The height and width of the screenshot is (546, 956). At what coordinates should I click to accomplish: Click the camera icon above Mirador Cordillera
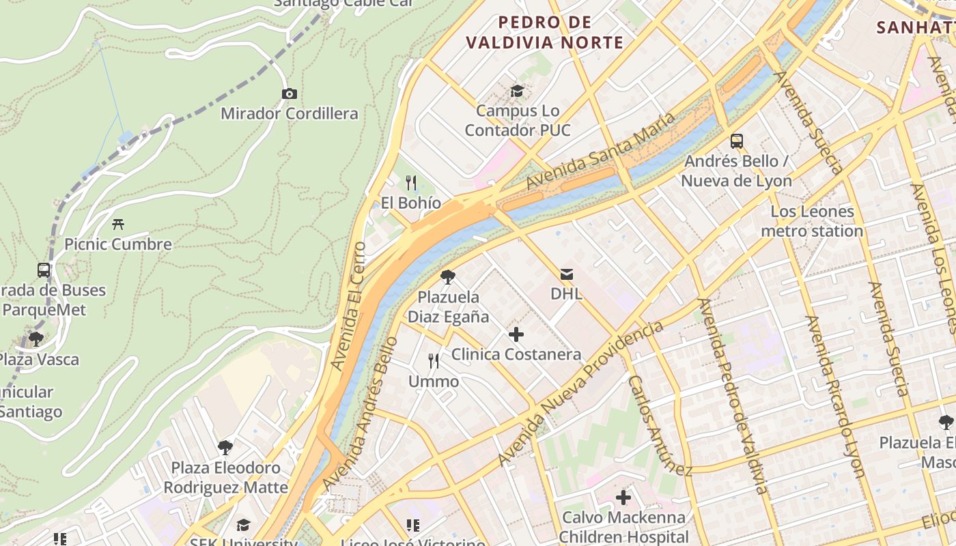289,94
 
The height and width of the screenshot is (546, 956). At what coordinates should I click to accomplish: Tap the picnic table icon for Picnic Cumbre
118,224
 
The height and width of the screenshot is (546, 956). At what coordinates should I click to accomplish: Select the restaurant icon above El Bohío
411,182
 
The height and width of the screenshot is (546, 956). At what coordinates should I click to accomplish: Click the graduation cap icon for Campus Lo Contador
517,91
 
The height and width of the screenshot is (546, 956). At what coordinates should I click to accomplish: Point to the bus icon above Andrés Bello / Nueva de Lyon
736,141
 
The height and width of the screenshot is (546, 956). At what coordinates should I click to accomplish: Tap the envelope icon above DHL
566,274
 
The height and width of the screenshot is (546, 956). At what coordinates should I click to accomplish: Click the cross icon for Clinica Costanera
516,334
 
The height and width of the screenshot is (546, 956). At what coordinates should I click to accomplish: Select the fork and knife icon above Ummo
434,361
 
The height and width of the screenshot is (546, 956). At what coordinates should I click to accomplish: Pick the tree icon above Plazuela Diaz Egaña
448,277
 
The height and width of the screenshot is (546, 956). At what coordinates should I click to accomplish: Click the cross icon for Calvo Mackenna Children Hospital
623,498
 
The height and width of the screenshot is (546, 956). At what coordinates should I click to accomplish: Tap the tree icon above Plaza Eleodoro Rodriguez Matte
225,448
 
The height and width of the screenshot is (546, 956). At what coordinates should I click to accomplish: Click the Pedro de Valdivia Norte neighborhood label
544,32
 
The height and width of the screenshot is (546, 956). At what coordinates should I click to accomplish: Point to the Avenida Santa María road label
601,151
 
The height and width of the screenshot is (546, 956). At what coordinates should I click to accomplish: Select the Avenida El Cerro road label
348,306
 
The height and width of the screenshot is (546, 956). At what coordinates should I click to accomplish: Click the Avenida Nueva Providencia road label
580,394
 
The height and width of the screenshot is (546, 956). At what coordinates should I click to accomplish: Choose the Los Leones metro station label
812,221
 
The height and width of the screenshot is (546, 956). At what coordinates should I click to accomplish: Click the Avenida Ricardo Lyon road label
835,396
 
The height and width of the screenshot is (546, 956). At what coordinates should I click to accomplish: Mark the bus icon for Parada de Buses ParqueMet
44,270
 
